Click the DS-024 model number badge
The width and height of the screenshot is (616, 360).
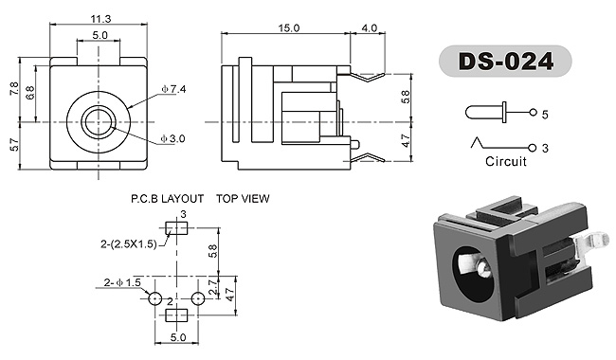point(505,62)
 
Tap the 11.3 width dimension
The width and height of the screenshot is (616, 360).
point(101,18)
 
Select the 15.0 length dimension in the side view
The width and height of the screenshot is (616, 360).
point(289,28)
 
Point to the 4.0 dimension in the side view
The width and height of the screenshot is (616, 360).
point(369,28)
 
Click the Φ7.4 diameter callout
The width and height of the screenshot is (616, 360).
point(173,89)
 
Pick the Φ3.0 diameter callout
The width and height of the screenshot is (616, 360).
point(172,138)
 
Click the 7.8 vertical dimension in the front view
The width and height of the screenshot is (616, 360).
point(14,89)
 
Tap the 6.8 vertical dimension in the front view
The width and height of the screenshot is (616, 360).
point(30,93)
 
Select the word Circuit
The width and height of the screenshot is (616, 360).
point(506,161)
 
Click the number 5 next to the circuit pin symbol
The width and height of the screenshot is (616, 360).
point(545,115)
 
